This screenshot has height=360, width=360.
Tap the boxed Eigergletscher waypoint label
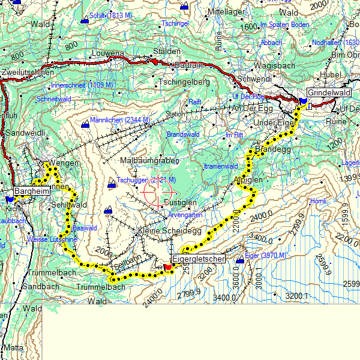[x=199, y=259]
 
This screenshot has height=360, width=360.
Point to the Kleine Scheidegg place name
[x=170, y=230]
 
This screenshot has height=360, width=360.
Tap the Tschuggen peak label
[x=146, y=180]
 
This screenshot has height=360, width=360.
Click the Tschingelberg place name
[x=184, y=81]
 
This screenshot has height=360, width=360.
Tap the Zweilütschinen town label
[x=25, y=71]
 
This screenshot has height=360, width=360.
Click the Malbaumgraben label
[x=147, y=161]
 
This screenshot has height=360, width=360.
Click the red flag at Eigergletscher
[x=167, y=266]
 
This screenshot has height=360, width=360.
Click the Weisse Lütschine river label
[x=52, y=239]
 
